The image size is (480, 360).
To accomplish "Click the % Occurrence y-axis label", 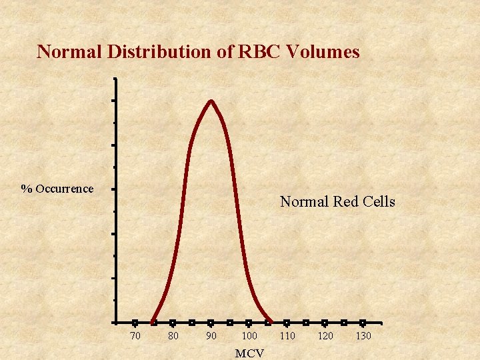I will pos(57,189).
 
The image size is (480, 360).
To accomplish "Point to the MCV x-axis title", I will pos(249,353).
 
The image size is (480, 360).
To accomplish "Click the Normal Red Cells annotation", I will pos(337,201).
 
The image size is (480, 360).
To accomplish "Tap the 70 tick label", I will pos(135,336).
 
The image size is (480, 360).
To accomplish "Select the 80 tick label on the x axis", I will pos(173,336).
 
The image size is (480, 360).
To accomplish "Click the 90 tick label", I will pos(211,336).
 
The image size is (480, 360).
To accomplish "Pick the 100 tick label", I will pos(249,336).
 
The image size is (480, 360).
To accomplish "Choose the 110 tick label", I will pos(287,336).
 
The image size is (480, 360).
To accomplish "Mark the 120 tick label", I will pos(325,336).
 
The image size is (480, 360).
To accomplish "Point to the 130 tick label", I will pos(363,336).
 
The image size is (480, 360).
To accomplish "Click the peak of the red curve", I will pos(211,101).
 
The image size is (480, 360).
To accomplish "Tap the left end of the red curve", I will pos(153,322).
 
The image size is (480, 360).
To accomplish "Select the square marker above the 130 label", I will pos(363,323).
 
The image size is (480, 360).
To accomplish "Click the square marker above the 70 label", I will pos(135,323).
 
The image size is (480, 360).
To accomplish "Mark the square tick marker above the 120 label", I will pos(325,323).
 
